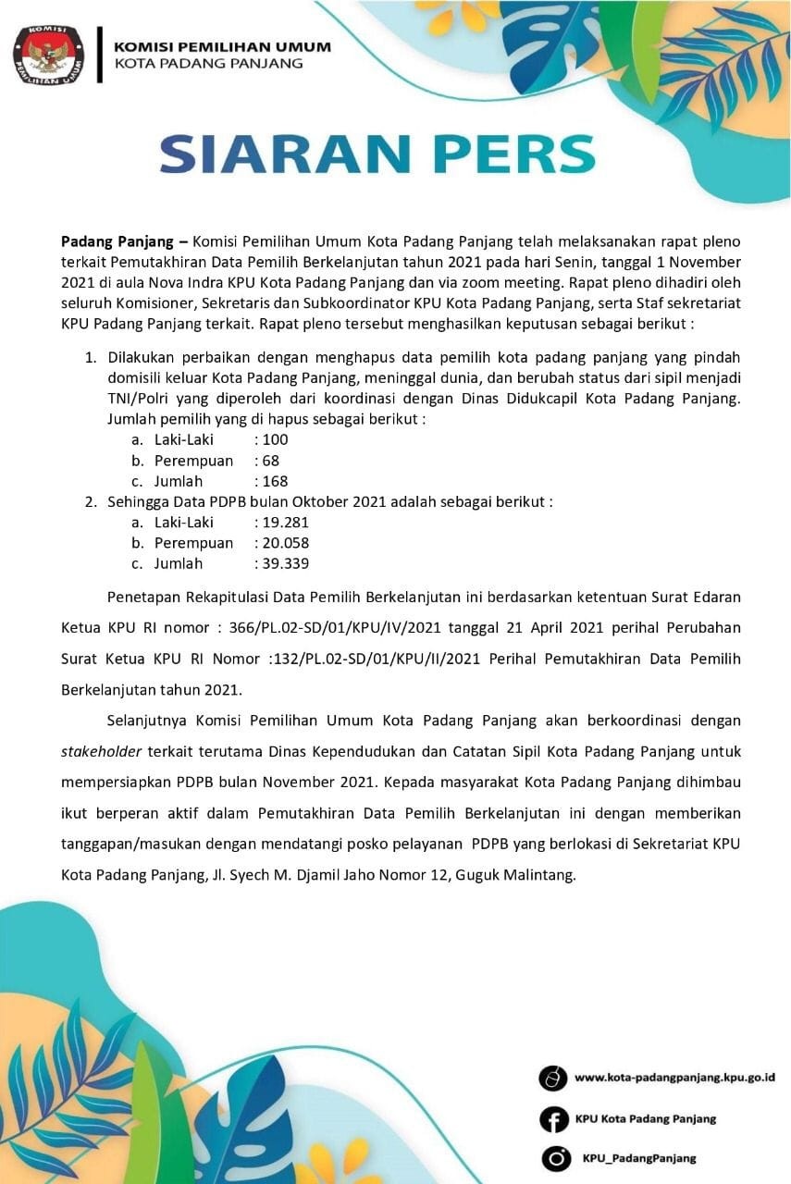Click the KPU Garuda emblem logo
(x=46, y=55)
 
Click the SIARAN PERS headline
(x=377, y=154)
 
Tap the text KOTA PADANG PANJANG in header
(x=207, y=64)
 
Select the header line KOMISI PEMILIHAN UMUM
(x=221, y=46)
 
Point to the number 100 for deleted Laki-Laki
(x=275, y=439)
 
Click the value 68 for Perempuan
(x=270, y=461)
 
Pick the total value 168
(x=275, y=481)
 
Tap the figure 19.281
(x=286, y=522)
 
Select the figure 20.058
(x=286, y=543)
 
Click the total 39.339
(x=286, y=563)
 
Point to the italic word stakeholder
(x=99, y=751)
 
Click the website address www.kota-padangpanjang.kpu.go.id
(x=674, y=1078)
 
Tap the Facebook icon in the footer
(x=553, y=1119)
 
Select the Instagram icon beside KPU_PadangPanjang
(x=554, y=1158)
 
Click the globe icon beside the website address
(x=553, y=1079)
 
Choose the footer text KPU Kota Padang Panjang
(x=645, y=1118)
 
